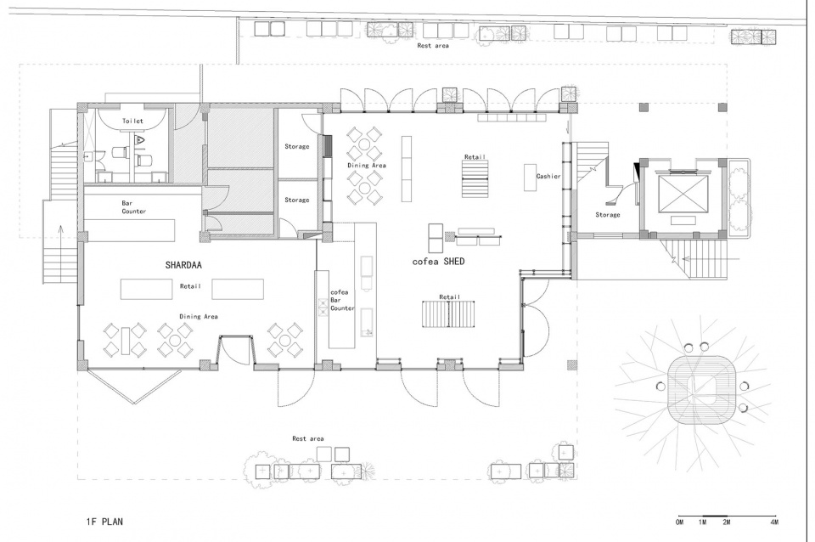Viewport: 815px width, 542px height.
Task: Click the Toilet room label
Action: tap(132, 121)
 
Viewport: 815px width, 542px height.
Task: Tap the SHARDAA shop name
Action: tap(183, 265)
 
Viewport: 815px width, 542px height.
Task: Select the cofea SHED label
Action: tap(438, 261)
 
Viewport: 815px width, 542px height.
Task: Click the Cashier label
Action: tap(548, 177)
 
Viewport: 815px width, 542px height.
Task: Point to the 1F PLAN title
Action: tap(105, 522)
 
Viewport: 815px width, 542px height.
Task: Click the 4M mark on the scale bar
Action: tap(774, 522)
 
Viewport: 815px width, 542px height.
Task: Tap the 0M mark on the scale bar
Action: tap(679, 522)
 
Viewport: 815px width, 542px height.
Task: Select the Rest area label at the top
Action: tap(433, 46)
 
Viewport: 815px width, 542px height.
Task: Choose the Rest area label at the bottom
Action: tap(307, 438)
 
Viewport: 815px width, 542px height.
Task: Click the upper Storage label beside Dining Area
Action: tap(297, 147)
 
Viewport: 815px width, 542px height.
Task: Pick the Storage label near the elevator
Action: tap(608, 214)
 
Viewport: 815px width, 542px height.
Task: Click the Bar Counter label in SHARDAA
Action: tap(134, 207)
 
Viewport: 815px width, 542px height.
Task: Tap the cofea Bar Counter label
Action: tap(342, 300)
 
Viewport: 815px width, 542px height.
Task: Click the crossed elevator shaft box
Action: tap(683, 194)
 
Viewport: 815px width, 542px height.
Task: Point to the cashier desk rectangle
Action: tap(530, 178)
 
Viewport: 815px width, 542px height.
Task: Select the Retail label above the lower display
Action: tap(450, 297)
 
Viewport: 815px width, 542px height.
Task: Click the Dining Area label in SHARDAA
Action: tap(199, 316)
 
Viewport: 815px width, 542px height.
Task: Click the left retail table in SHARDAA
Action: tap(147, 289)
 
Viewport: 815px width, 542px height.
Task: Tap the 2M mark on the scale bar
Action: tap(726, 522)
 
